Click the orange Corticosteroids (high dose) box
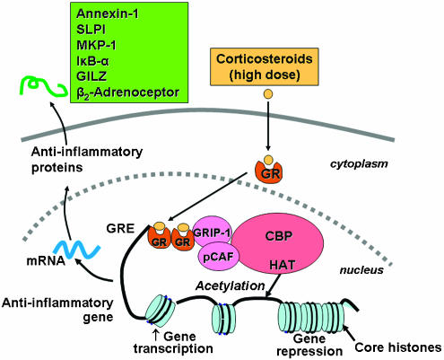click(x=264, y=66)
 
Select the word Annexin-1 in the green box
click(x=108, y=13)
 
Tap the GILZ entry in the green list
click(x=91, y=76)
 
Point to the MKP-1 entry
click(x=96, y=45)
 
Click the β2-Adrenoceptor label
click(x=127, y=92)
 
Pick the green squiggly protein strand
click(x=43, y=86)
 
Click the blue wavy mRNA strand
click(x=77, y=249)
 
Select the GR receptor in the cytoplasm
click(x=268, y=170)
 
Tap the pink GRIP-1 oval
click(x=212, y=233)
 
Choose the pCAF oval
click(x=218, y=257)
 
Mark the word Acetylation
click(x=231, y=285)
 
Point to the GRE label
click(x=120, y=229)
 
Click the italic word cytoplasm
click(x=359, y=164)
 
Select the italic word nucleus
click(x=361, y=270)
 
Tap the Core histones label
click(x=398, y=347)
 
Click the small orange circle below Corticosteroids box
click(x=268, y=94)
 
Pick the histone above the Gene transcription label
click(x=161, y=311)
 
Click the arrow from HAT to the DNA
click(x=274, y=285)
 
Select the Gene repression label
click(x=309, y=345)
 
